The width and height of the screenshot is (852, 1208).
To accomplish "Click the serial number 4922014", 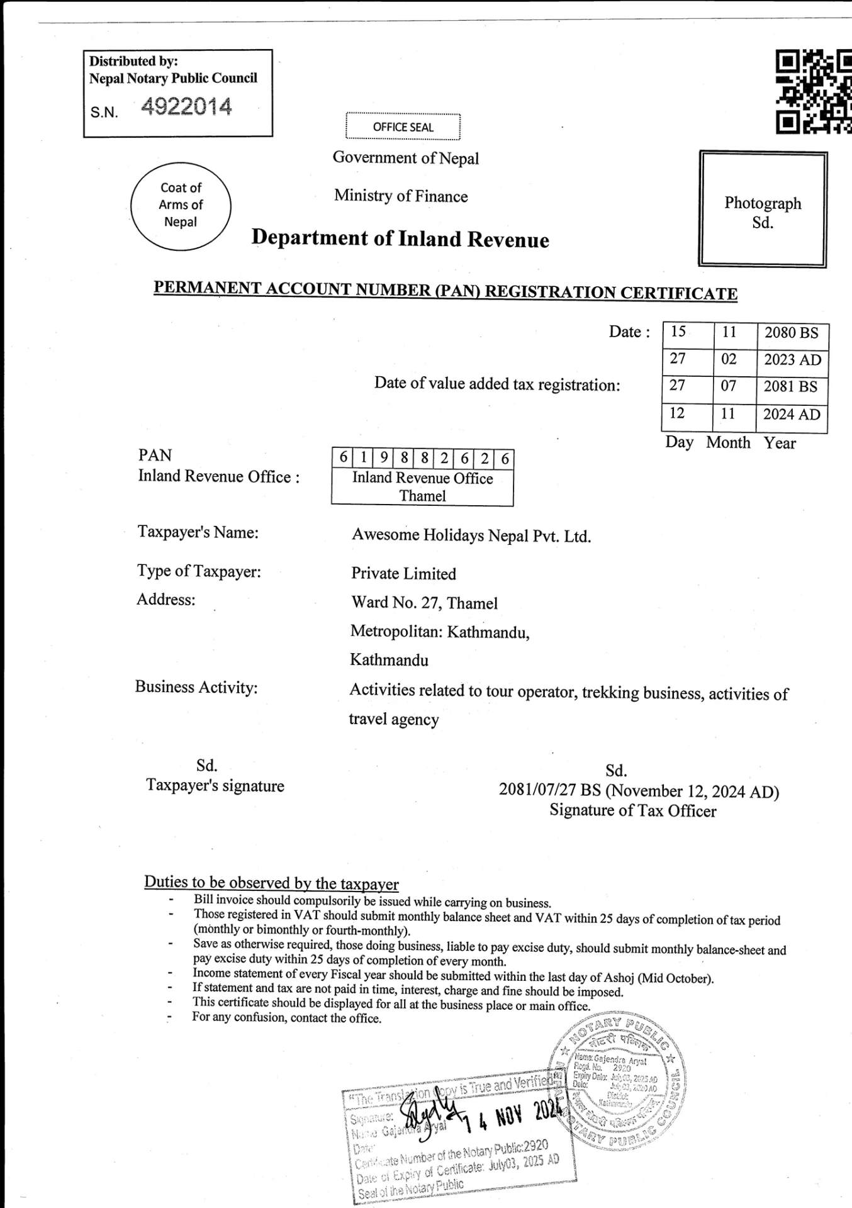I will coord(186,107).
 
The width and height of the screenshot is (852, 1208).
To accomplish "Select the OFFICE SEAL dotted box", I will coord(403,126).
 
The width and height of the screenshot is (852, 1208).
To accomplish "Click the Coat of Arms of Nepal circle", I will coord(181,205).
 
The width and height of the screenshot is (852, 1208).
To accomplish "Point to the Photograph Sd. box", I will coord(763,210).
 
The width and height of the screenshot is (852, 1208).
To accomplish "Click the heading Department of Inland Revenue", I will coord(400,238).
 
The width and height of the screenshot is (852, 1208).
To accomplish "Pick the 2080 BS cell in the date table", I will coord(791,333).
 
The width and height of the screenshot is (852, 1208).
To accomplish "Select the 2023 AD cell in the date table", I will coord(792,360).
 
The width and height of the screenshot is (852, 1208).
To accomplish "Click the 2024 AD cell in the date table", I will coord(792,415).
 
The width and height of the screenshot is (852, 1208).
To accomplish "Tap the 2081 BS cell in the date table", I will coord(791,386).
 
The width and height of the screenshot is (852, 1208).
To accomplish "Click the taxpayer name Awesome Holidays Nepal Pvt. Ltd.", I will coord(471,536).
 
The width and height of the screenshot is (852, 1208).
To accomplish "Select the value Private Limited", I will coord(403,574).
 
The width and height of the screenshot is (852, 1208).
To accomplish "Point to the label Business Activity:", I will coord(196,687).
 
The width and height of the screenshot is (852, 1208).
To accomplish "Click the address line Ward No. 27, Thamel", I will coord(424,603).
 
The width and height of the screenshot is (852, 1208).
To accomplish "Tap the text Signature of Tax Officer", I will coord(632,811).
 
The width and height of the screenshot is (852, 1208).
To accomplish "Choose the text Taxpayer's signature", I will coord(215,786).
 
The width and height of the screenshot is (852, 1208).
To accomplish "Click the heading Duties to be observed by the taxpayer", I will coord(271,883).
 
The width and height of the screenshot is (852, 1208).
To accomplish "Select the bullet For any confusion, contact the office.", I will coord(286,1018).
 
